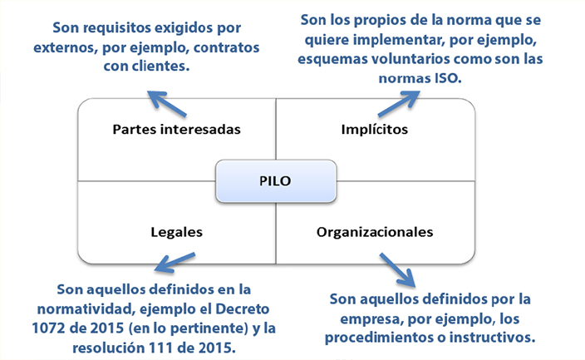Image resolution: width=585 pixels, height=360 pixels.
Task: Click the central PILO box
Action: click(x=276, y=180)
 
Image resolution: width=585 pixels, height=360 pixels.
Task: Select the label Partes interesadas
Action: click(x=176, y=131)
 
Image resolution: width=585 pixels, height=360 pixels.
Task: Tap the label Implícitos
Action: click(x=374, y=131)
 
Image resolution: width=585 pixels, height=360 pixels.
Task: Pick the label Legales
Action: click(x=177, y=232)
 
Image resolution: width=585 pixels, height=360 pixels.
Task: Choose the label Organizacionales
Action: click(x=375, y=232)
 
